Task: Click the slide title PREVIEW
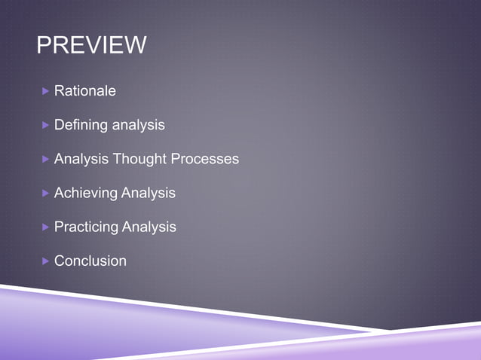91,46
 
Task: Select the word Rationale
85,91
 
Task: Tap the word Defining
81,125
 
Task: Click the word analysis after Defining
138,125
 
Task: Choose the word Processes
204,159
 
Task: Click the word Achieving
86,193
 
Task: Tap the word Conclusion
90,261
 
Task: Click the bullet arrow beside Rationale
45,91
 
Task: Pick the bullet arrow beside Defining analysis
45,125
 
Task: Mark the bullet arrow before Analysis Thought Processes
45,159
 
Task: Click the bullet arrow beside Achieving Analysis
45,193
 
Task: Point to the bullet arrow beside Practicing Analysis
45,227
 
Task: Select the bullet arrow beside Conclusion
45,261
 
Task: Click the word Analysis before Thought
81,159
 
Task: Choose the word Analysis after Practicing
149,227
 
